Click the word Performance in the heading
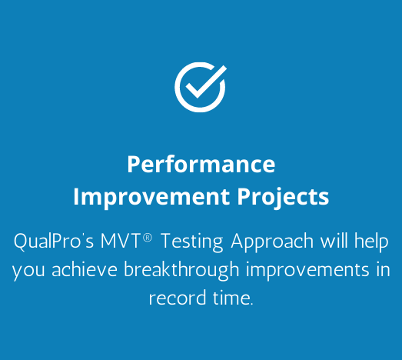(x=201, y=164)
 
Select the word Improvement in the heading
(x=151, y=197)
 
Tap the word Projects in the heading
(x=283, y=197)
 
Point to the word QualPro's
(x=54, y=242)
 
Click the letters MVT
(x=120, y=241)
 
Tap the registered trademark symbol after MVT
(x=148, y=238)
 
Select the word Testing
(x=192, y=242)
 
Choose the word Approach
(x=272, y=242)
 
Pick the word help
(x=371, y=242)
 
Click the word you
(x=28, y=272)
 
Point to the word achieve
(x=85, y=269)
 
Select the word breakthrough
(x=181, y=271)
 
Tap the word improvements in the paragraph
(x=307, y=271)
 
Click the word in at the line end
(x=384, y=269)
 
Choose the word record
(x=178, y=298)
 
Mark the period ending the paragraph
(x=251, y=304)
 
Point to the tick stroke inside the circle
(x=203, y=85)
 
